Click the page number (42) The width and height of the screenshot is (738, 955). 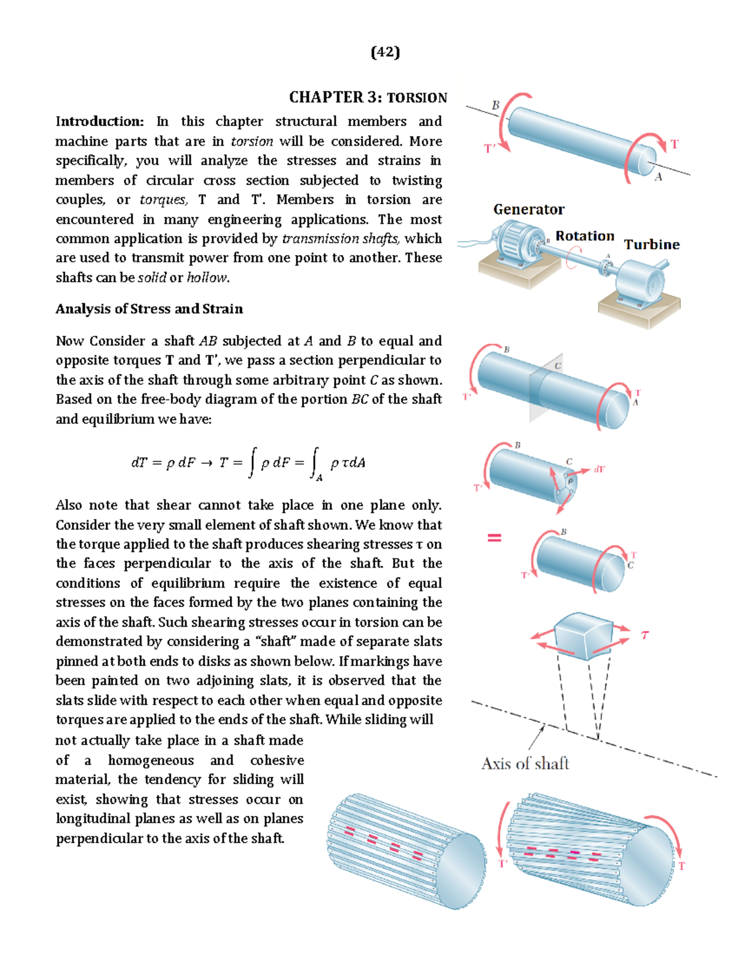point(385,52)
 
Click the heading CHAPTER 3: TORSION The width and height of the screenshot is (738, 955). point(368,98)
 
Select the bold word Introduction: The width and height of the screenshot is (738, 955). point(100,122)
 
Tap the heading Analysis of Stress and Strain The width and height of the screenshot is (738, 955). point(149,309)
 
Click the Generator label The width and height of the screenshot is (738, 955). point(528,210)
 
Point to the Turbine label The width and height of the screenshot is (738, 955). point(651,245)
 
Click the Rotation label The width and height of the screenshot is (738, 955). point(584,236)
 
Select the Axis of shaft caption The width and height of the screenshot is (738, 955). point(525,764)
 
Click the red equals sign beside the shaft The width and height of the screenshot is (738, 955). point(494,537)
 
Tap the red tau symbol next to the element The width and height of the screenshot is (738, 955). point(645,635)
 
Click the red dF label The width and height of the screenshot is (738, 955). point(599,469)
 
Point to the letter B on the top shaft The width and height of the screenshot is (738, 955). point(495,105)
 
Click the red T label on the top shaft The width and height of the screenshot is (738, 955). point(675,145)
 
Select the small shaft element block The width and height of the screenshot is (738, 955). point(583,635)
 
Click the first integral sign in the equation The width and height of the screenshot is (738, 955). point(252,462)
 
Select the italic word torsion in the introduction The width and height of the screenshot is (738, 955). point(252,141)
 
